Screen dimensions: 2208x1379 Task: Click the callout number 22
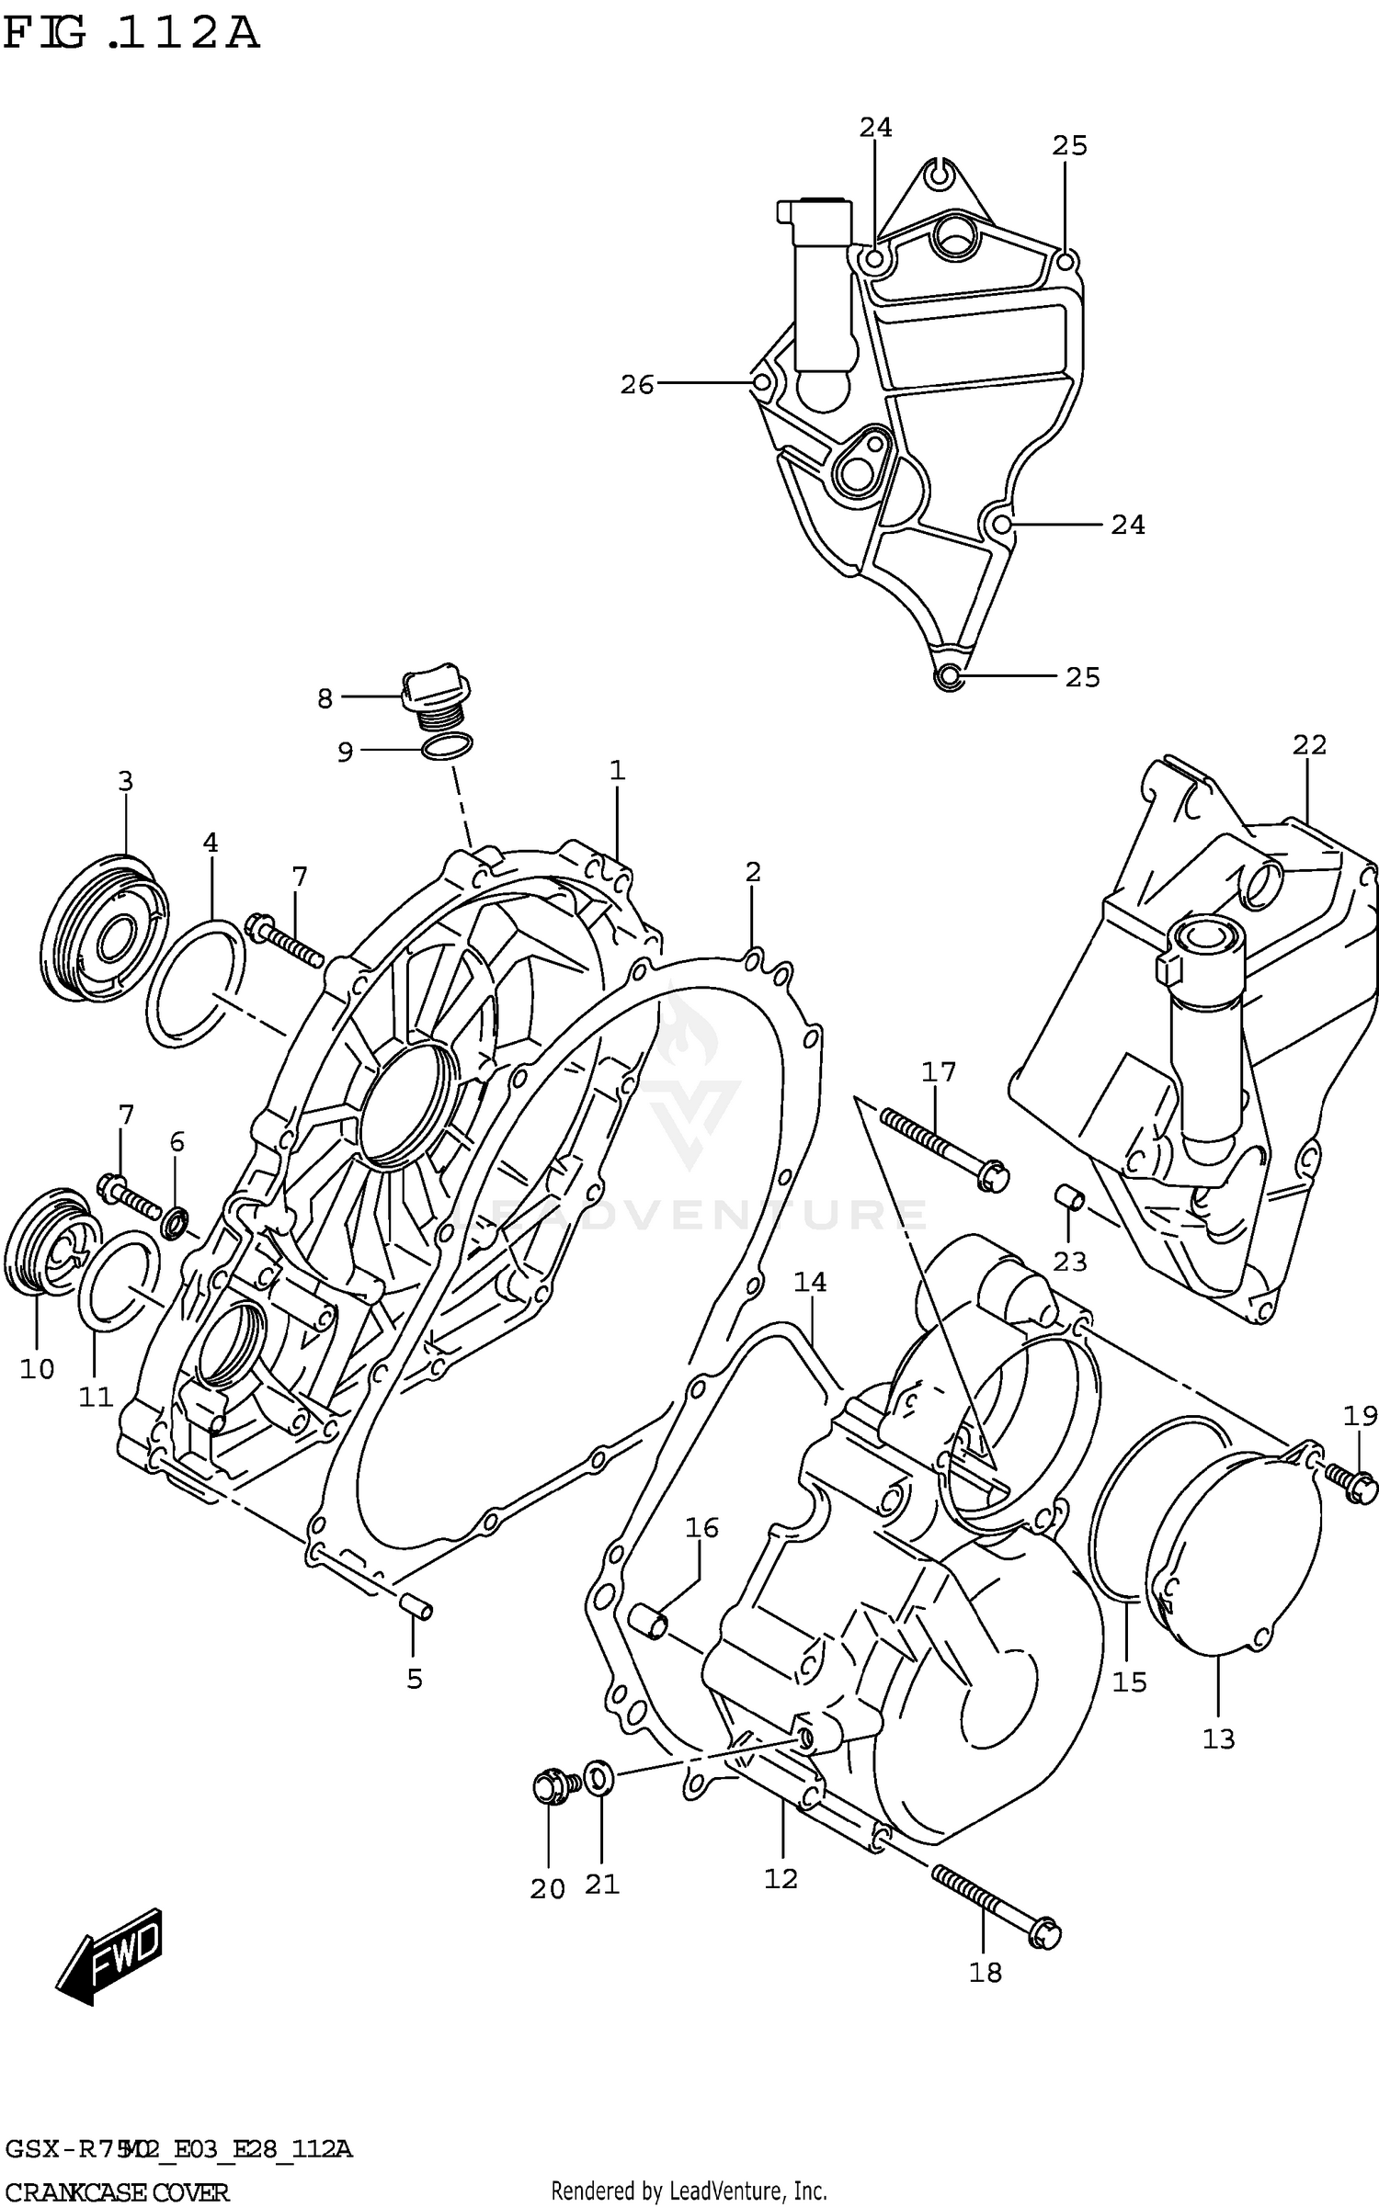(1309, 745)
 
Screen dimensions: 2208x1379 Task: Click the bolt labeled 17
(942, 1146)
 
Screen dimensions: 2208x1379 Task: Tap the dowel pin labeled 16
(649, 1622)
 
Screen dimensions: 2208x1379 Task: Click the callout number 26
(636, 385)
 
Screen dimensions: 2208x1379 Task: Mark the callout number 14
(810, 1282)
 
